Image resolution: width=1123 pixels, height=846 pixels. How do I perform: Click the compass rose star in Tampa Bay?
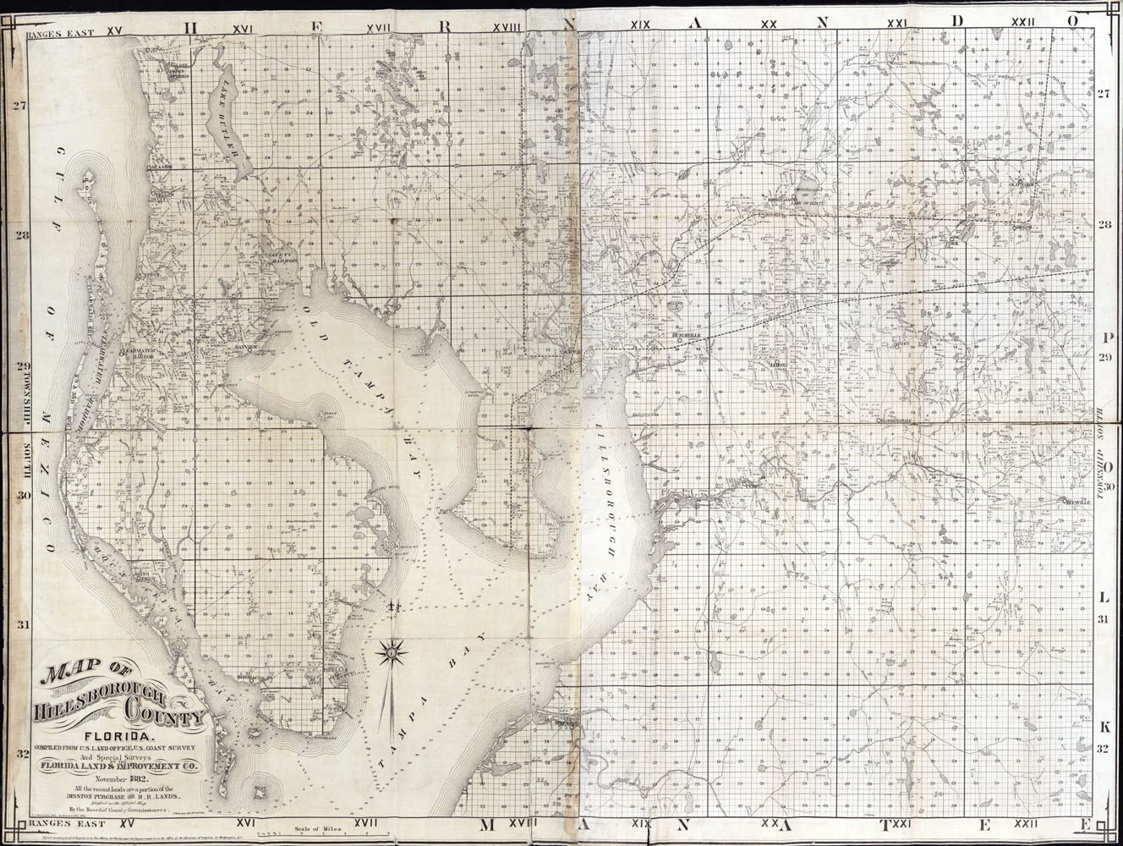tap(391, 651)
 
